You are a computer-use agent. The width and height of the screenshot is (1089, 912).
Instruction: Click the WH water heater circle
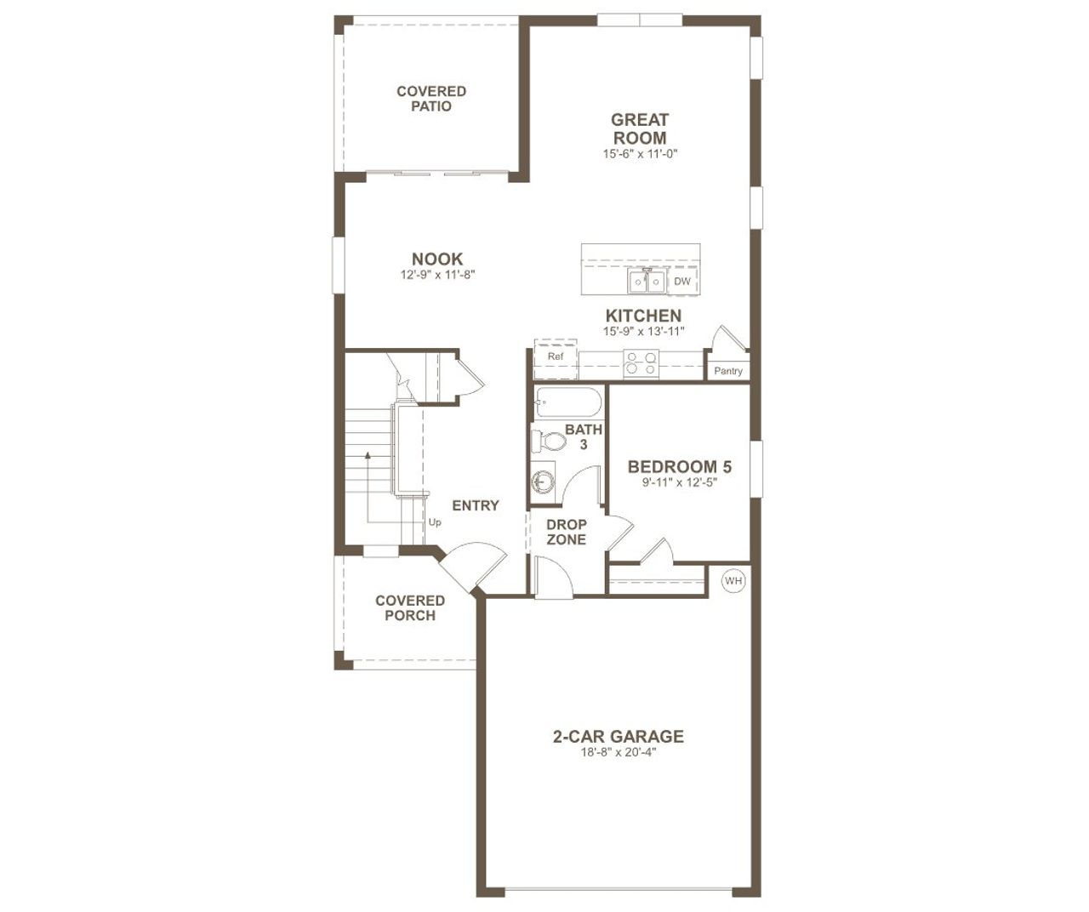click(733, 581)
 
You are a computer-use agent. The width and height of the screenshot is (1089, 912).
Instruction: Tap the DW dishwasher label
click(682, 281)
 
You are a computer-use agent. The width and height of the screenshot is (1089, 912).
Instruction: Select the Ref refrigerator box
click(556, 356)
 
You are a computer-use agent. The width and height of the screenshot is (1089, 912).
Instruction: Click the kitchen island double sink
click(647, 281)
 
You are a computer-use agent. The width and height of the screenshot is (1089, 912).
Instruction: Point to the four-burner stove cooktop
click(641, 363)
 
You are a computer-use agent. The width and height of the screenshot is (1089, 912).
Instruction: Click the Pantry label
click(728, 371)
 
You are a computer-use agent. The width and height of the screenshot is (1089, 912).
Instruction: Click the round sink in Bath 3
click(542, 482)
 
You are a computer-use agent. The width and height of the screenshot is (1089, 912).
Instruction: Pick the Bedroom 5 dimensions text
click(680, 482)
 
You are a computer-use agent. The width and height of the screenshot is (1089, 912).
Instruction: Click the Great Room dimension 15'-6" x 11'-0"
click(640, 154)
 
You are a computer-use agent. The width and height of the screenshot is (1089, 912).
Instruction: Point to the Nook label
click(437, 259)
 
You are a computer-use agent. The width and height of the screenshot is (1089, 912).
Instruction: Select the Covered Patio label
click(431, 99)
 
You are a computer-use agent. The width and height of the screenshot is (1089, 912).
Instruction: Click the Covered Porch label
click(410, 608)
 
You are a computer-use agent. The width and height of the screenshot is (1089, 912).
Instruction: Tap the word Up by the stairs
click(435, 522)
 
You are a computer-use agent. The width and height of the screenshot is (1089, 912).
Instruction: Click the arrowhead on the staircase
click(368, 456)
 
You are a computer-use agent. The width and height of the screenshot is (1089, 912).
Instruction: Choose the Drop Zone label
click(567, 532)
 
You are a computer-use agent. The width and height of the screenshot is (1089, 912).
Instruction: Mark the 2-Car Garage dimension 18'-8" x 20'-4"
click(619, 752)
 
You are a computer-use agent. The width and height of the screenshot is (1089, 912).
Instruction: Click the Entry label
click(476, 505)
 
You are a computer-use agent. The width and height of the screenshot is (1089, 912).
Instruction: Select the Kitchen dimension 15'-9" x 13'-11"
click(643, 332)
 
